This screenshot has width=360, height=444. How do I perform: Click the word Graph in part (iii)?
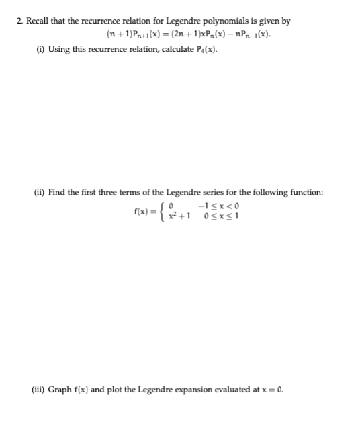pos(62,389)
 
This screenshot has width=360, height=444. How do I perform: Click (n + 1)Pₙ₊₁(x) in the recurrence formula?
pos(131,34)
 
